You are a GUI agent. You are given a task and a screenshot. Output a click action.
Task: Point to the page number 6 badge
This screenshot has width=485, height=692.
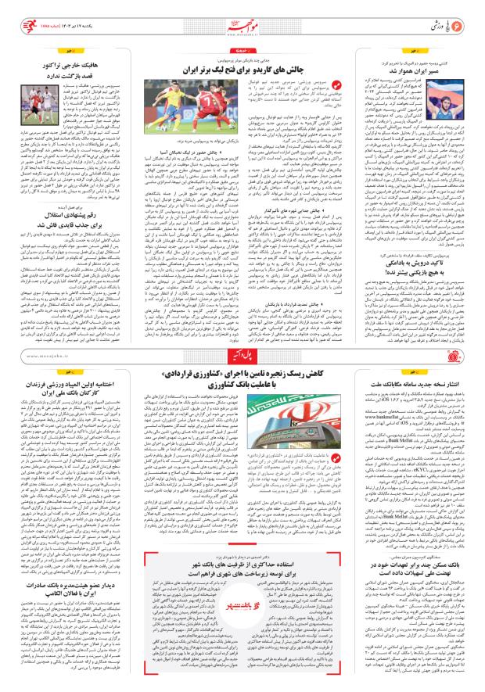click(470, 17)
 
